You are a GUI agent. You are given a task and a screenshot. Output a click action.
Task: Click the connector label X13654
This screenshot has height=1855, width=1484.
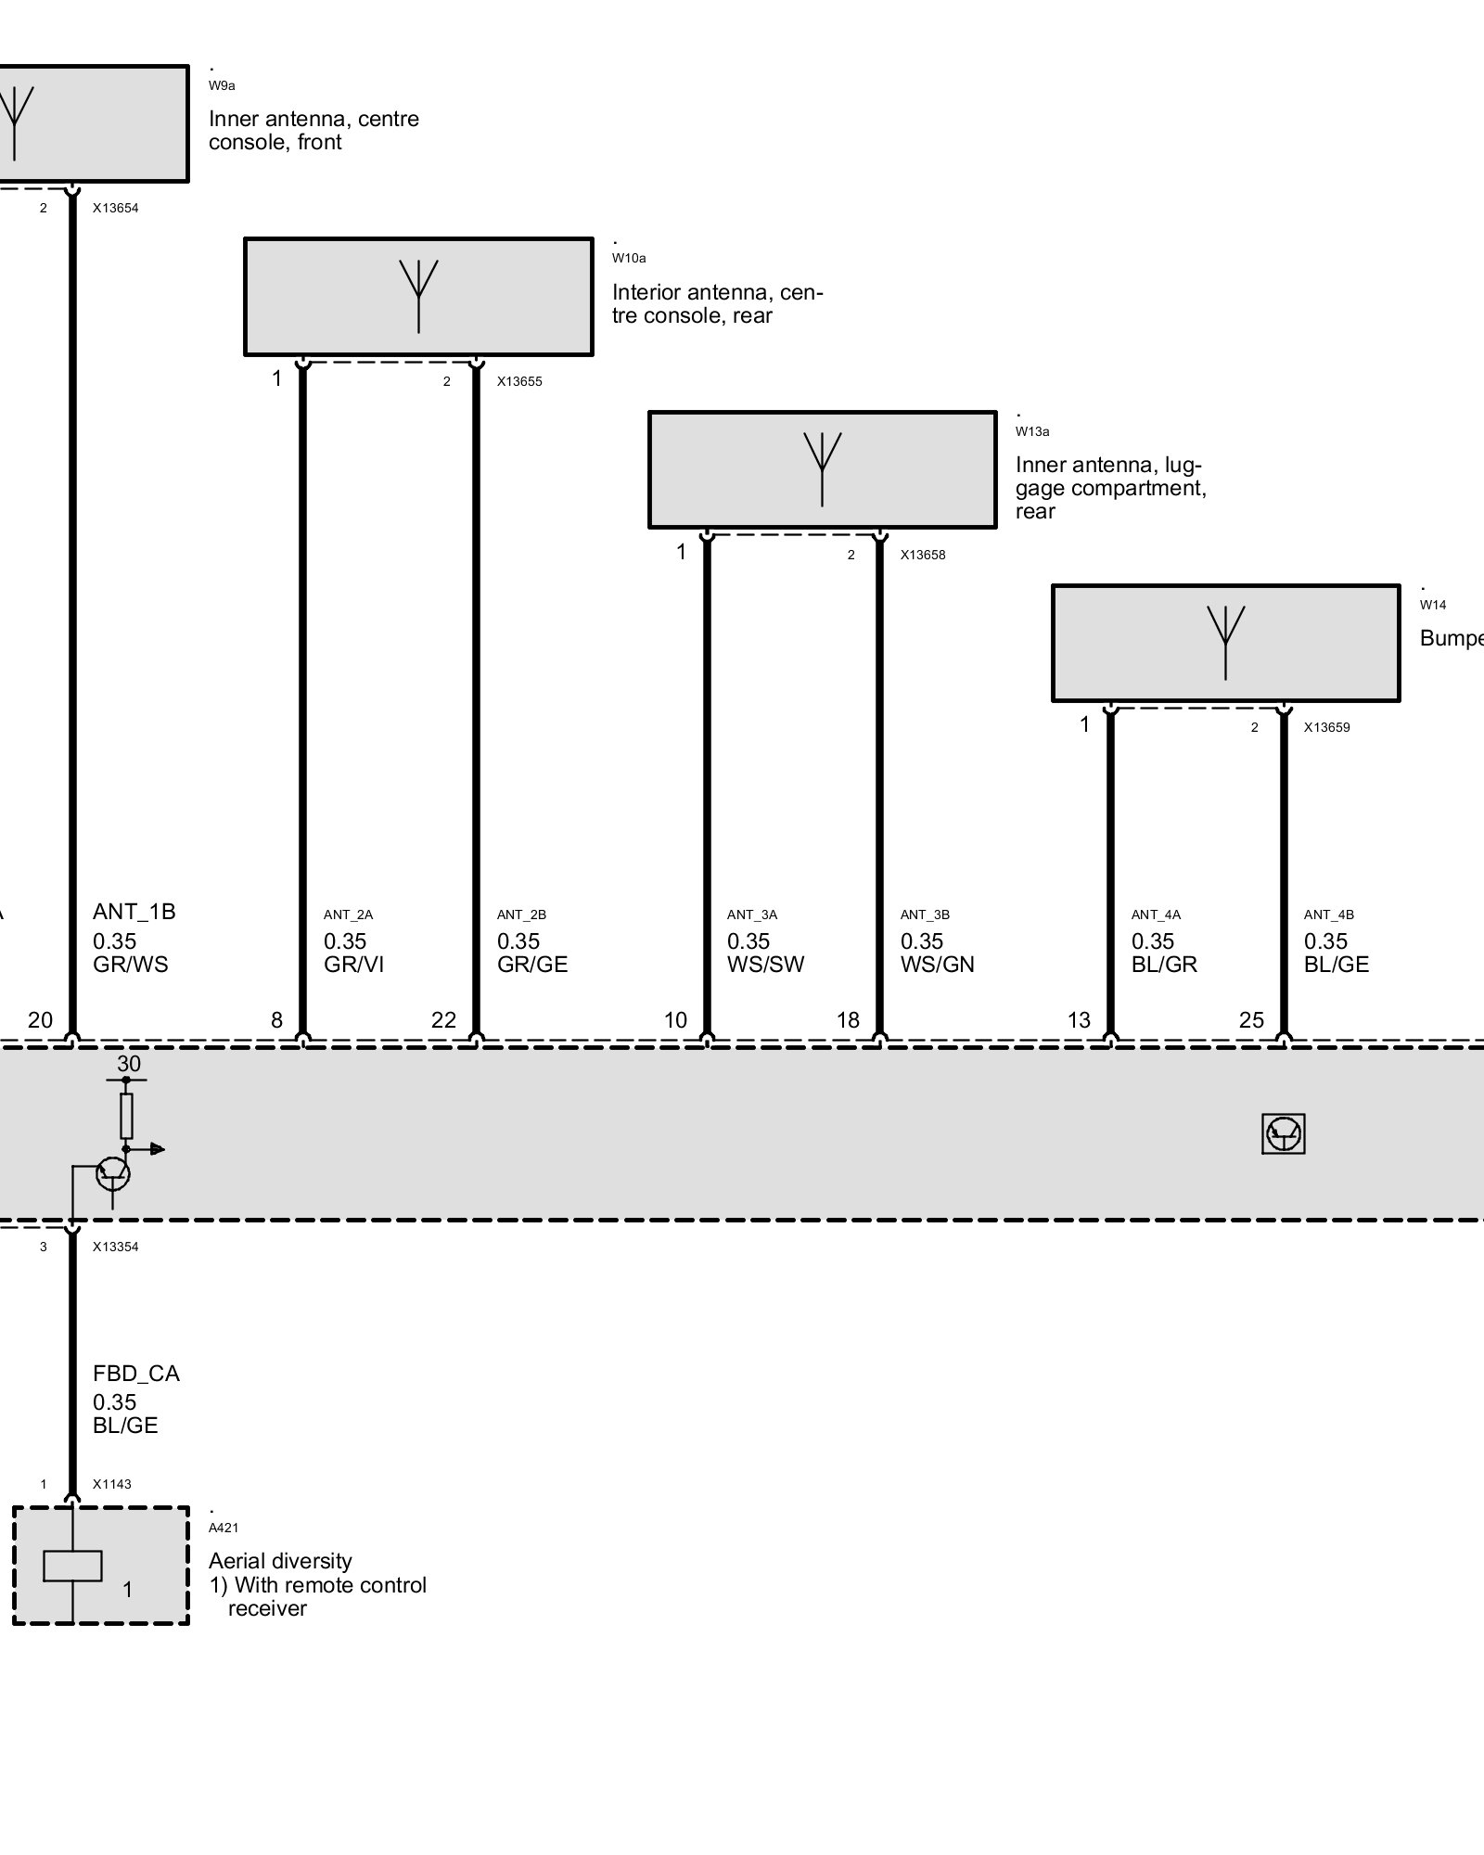click(x=115, y=209)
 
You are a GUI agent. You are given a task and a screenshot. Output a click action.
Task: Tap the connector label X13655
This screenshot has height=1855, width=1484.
click(x=519, y=381)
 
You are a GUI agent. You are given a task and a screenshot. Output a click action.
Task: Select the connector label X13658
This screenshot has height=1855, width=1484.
click(x=923, y=555)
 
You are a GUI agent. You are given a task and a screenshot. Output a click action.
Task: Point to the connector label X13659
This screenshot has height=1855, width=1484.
click(x=1326, y=727)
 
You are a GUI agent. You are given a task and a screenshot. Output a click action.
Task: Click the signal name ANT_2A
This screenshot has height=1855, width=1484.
click(x=348, y=915)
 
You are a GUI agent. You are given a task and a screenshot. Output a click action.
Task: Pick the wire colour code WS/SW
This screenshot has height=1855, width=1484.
click(x=765, y=965)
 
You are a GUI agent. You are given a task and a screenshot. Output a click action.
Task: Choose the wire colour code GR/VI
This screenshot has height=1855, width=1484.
click(x=353, y=965)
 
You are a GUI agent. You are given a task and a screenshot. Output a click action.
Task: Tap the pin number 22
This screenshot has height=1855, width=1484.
click(x=443, y=1020)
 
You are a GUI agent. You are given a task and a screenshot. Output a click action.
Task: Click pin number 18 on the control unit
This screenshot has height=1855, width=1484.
click(x=848, y=1020)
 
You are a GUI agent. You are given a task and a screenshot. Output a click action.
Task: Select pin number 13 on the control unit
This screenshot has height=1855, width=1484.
click(x=1079, y=1020)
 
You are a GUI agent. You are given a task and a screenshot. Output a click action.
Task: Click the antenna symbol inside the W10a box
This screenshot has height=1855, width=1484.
click(x=418, y=294)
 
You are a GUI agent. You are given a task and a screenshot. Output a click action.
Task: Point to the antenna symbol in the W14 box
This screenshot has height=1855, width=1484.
click(x=1225, y=640)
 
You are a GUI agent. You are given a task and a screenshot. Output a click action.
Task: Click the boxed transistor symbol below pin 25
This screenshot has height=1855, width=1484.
click(x=1284, y=1133)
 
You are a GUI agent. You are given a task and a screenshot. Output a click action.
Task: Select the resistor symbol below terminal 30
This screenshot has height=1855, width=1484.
click(x=127, y=1116)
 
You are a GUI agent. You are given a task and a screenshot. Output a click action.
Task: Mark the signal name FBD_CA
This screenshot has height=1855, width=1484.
click(x=135, y=1374)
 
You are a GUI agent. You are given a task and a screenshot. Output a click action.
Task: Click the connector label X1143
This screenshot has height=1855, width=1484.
click(x=111, y=1484)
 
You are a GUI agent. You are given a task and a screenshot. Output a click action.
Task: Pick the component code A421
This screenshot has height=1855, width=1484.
click(x=224, y=1528)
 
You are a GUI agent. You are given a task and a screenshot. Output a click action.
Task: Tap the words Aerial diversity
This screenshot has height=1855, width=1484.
click(x=280, y=1561)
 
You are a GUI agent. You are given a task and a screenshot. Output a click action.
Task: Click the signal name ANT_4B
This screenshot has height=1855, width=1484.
click(x=1328, y=915)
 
